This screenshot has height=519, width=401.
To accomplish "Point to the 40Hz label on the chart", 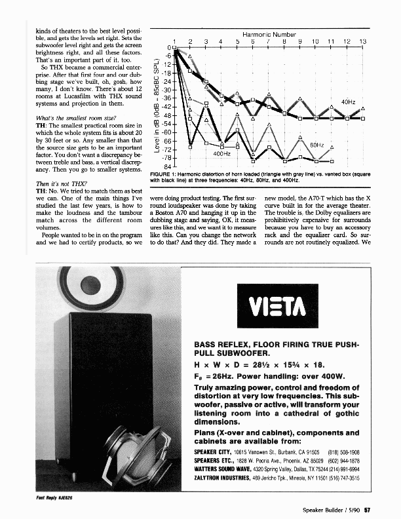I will [349, 103].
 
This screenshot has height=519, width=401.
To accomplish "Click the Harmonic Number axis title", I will [269, 34].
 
